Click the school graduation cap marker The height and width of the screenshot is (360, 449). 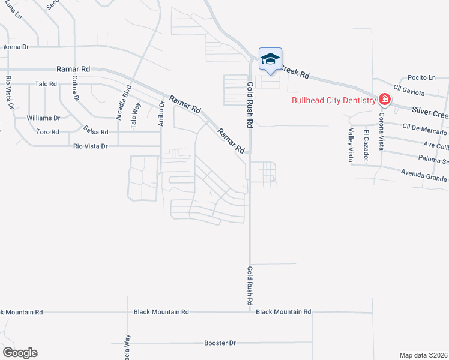pos(270,59)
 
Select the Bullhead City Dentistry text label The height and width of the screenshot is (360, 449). pos(332,100)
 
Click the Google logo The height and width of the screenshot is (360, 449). pos(19,353)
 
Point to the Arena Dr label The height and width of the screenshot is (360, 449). pos(16,47)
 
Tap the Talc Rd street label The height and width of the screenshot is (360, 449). pos(46,84)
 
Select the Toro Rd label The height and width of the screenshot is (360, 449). pos(47,131)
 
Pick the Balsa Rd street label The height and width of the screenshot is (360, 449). pos(96,131)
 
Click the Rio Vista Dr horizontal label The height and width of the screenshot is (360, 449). pos(90,146)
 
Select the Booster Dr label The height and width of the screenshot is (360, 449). pos(220,343)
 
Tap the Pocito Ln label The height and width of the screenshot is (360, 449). pos(421,77)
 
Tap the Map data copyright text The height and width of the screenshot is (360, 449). pos(424,355)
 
